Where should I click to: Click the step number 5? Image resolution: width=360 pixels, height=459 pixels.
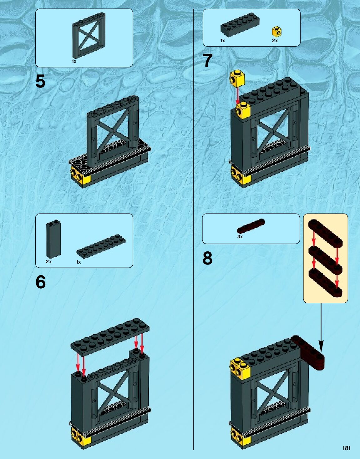(x=40, y=82)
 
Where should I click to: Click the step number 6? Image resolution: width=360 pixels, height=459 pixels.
(x=41, y=282)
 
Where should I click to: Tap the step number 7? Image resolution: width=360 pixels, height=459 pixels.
(x=208, y=61)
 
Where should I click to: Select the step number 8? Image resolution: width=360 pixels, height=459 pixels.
(x=207, y=259)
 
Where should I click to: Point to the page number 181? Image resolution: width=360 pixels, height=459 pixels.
(x=347, y=448)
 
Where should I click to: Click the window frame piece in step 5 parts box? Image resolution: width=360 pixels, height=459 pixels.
(x=89, y=35)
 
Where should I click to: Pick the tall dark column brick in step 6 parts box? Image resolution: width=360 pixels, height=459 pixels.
(x=53, y=239)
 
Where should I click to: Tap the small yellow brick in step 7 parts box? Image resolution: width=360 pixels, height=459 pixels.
(x=276, y=31)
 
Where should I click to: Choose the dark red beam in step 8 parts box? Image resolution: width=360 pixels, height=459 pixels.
(x=251, y=226)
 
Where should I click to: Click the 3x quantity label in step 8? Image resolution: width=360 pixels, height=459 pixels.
(x=240, y=237)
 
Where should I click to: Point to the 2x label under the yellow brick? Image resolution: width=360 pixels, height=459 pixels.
(x=275, y=41)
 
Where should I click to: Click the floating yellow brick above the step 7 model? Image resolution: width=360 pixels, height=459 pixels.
(x=237, y=79)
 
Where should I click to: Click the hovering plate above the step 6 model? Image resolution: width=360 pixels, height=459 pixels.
(x=110, y=336)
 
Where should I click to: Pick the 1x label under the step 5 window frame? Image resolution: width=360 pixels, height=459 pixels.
(x=74, y=61)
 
